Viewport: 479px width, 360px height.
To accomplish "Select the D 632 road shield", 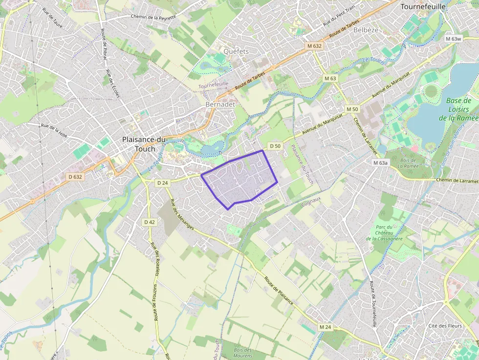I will (x=75, y=177).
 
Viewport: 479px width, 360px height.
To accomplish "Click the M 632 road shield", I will (x=313, y=45).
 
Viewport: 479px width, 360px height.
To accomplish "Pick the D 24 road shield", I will (x=163, y=183).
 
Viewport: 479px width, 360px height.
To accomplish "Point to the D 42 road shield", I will (x=150, y=222).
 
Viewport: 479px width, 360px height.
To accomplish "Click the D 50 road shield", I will (x=276, y=146).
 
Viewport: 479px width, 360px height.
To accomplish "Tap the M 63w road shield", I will (x=453, y=39).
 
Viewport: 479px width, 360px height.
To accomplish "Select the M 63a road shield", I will (x=380, y=163).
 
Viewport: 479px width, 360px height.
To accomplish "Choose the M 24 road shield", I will (x=325, y=326).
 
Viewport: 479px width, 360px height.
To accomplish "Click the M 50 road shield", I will (x=351, y=109).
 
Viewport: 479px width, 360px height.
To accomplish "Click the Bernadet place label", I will (x=220, y=105).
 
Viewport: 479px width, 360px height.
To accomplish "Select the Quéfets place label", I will (x=236, y=51).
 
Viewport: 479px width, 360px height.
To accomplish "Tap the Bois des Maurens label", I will (x=242, y=353).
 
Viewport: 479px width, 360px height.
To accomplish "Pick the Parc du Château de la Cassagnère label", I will (x=384, y=233).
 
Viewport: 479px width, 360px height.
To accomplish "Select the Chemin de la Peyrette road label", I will (x=153, y=17).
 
